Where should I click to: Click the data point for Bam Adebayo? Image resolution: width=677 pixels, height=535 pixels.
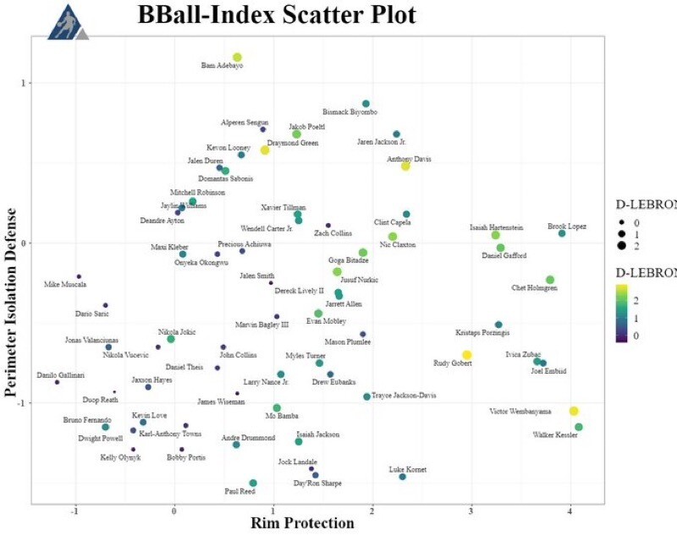pyautogui.click(x=237, y=57)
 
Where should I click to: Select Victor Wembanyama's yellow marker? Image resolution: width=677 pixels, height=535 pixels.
pyautogui.click(x=574, y=411)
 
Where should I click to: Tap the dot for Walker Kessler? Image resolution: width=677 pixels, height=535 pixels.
pyautogui.click(x=579, y=427)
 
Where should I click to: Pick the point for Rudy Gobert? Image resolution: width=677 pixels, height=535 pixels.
pyautogui.click(x=466, y=355)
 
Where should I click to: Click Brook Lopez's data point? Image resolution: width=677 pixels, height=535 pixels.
pyautogui.click(x=562, y=233)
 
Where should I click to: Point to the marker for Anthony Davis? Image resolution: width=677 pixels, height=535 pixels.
pyautogui.click(x=405, y=167)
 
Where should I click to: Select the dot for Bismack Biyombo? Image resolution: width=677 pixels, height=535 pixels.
pyautogui.click(x=366, y=104)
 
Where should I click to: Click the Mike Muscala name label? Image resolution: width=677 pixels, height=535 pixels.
pyautogui.click(x=64, y=285)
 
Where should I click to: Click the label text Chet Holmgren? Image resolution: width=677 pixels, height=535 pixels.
pyautogui.click(x=535, y=288)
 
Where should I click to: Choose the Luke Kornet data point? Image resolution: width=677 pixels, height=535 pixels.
pyautogui.click(x=403, y=477)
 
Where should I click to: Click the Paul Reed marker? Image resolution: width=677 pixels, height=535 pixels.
pyautogui.click(x=253, y=483)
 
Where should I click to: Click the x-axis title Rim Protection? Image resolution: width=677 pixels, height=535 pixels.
pyautogui.click(x=302, y=524)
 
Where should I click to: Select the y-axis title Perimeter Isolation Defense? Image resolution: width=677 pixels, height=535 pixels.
pyautogui.click(x=13, y=284)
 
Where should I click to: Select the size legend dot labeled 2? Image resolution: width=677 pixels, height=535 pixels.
pyautogui.click(x=621, y=245)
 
